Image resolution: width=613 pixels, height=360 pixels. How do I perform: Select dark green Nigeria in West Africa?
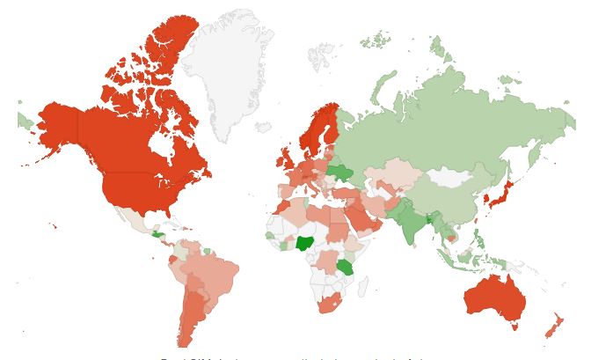click(305, 244)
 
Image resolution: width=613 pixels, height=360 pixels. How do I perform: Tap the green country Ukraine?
click(339, 172)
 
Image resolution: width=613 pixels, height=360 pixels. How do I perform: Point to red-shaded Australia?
click(495, 299)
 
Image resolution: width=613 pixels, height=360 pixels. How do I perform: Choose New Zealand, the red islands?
click(554, 326)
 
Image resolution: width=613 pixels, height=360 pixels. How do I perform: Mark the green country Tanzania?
click(346, 266)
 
